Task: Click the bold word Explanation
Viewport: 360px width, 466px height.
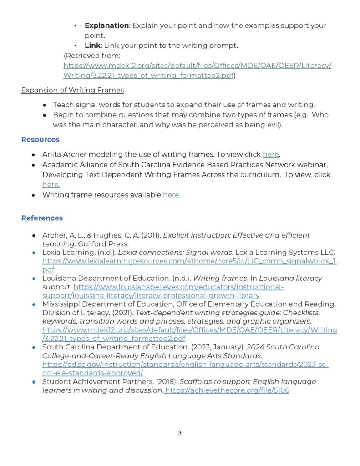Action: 106,25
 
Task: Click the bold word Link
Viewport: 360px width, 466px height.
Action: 93,46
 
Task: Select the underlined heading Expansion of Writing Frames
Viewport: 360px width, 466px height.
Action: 72,90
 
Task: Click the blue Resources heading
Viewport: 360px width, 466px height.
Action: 40,139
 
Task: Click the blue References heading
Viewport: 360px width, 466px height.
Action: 42,218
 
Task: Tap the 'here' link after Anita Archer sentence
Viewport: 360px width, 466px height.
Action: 270,154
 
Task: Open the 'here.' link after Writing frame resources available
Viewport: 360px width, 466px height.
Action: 172,195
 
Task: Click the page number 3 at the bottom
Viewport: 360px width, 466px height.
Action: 180,433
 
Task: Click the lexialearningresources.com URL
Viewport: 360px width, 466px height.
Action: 189,261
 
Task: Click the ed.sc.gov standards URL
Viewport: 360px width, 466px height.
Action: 185,365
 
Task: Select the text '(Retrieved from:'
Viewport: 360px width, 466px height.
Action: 92,56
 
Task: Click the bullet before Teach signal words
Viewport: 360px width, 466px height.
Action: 45,105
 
